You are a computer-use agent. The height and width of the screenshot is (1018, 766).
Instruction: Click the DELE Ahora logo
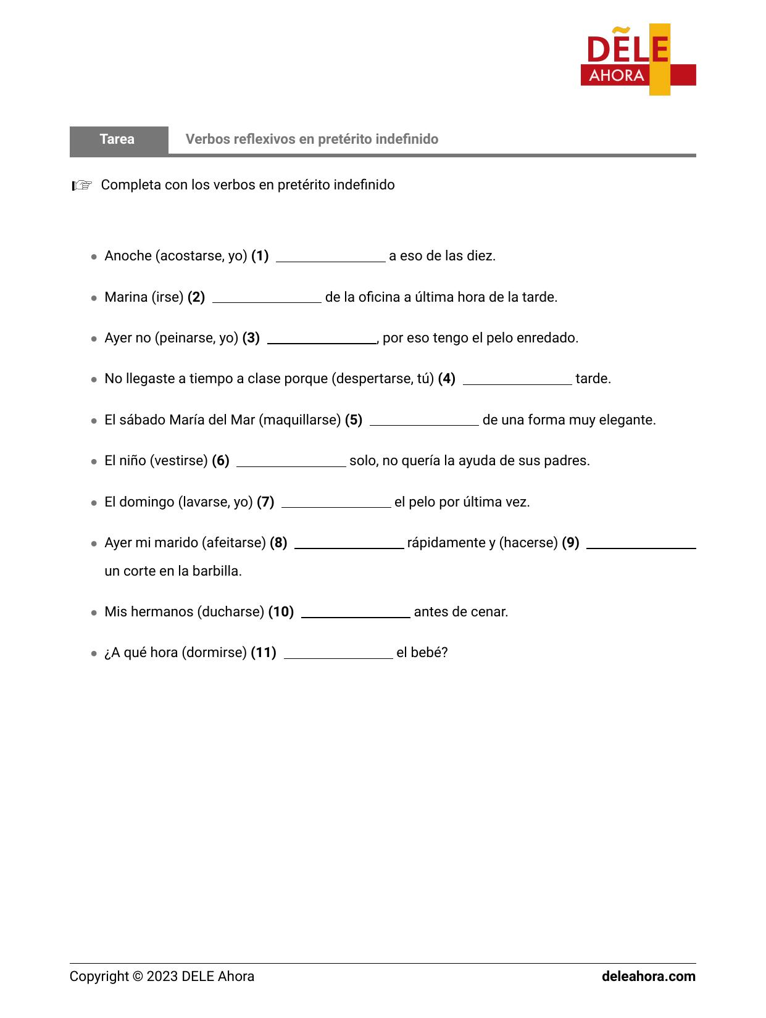(638, 60)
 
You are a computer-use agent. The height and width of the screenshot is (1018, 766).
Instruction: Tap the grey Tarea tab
(118, 139)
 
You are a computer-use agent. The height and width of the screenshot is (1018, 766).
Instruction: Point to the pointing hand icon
(81, 185)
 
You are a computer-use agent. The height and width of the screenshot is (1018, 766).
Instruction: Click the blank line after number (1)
(330, 257)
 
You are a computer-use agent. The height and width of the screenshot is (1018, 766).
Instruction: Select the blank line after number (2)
(267, 299)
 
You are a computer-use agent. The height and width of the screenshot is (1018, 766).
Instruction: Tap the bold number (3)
(251, 338)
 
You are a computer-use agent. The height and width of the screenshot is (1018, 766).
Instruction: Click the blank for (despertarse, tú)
(517, 380)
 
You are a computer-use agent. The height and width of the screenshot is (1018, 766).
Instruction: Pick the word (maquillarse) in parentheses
(299, 420)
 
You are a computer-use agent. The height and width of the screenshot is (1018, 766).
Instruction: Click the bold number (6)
(220, 461)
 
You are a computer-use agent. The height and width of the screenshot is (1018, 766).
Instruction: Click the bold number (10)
(281, 612)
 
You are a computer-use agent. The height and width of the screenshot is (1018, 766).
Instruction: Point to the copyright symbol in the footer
(137, 977)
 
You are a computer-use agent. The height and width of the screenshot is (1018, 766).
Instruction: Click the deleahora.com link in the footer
(648, 977)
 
